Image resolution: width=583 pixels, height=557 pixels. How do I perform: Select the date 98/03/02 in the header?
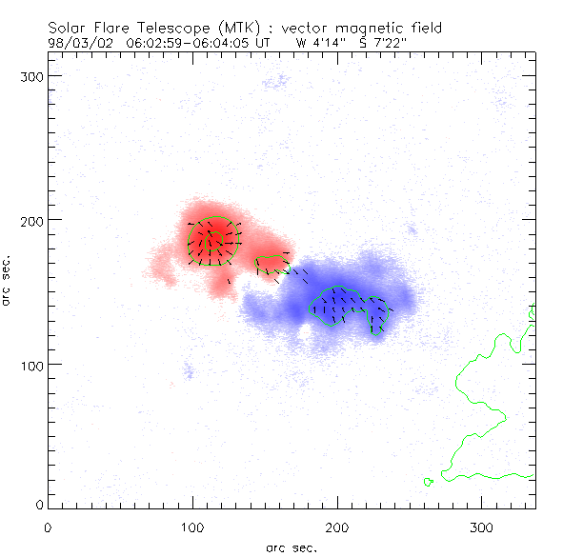click(x=79, y=42)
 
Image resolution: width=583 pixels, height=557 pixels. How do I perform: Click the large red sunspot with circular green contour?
click(x=211, y=241)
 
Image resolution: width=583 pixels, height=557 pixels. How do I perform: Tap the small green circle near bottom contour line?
click(x=429, y=482)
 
